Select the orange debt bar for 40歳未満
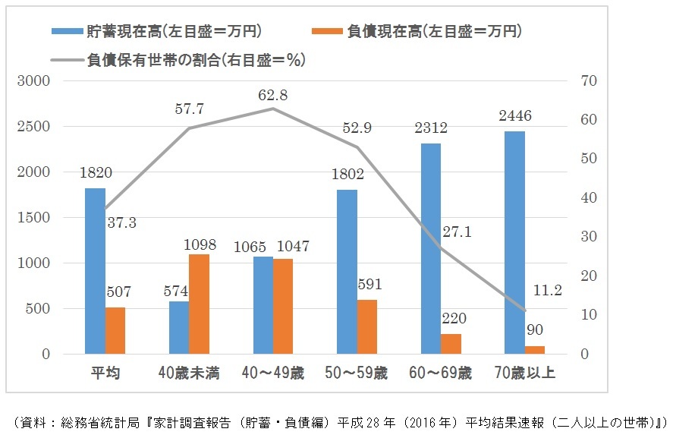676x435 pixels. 200,304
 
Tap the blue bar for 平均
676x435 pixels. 95,271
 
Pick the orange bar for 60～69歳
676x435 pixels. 451,344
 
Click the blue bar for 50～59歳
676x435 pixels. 346,272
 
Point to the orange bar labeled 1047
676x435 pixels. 283,307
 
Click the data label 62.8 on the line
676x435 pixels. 272,96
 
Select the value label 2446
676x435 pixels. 514,116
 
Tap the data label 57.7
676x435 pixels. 189,109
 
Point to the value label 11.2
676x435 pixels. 546,290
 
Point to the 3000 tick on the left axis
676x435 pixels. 36,81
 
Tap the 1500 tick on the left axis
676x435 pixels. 36,218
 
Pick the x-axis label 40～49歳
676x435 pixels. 272,374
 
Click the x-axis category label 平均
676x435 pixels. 105,374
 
